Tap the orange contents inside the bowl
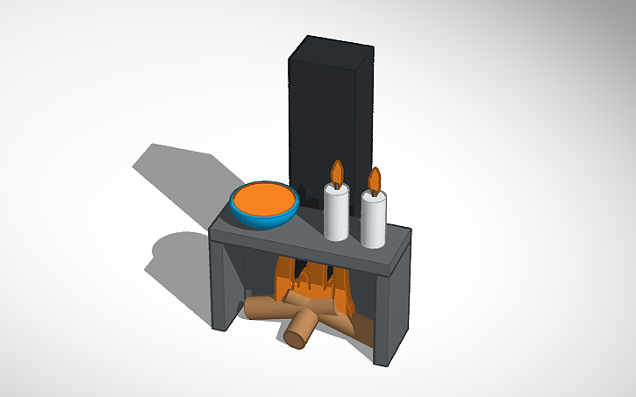[x=264, y=198]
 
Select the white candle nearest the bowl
[x=336, y=215]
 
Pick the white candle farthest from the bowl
[x=374, y=221]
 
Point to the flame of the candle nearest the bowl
[x=335, y=173]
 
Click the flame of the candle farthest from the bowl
[x=375, y=181]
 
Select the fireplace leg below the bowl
[x=225, y=285]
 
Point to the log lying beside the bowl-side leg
[x=263, y=308]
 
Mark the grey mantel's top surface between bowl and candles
[x=303, y=229]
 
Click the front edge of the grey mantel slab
[x=298, y=254]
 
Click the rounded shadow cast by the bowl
[x=175, y=254]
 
